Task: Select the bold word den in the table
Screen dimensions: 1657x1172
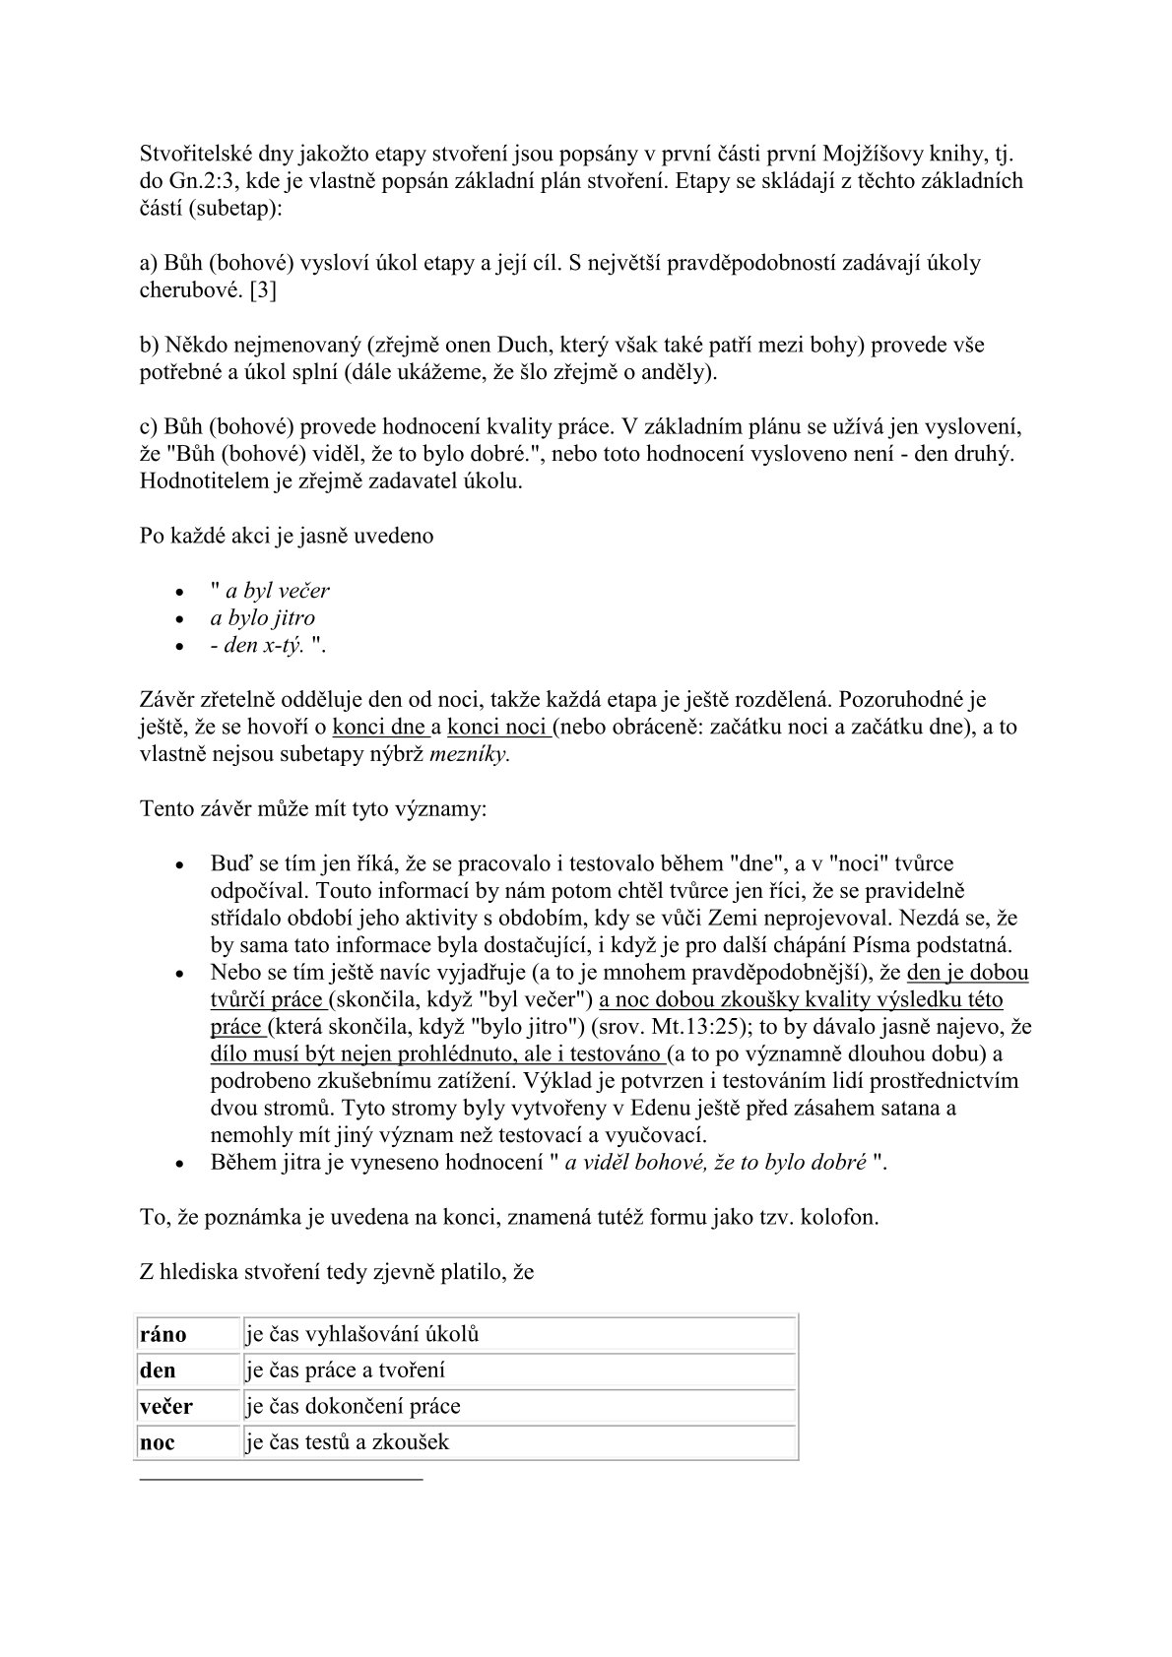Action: tap(159, 1370)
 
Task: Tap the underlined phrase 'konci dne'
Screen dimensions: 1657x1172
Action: tap(379, 728)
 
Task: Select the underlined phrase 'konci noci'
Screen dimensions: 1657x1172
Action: tap(497, 728)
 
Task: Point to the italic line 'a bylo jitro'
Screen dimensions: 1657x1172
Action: tap(262, 618)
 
